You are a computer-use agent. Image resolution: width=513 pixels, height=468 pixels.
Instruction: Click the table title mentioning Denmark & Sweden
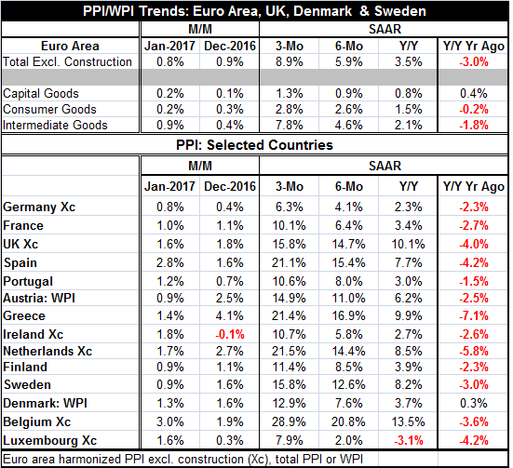click(x=254, y=11)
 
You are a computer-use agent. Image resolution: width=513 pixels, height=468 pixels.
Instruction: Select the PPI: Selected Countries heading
click(x=254, y=145)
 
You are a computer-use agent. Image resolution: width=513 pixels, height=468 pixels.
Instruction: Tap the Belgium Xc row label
click(x=36, y=421)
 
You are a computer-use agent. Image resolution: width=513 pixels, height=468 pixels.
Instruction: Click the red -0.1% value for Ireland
click(x=230, y=335)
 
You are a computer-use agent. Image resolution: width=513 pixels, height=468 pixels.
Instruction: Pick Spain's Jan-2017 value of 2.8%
click(x=170, y=263)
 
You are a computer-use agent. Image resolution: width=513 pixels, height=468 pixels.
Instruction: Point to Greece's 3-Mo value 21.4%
click(x=289, y=316)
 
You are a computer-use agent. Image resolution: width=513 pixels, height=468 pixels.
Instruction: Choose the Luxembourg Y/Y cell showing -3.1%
click(x=409, y=440)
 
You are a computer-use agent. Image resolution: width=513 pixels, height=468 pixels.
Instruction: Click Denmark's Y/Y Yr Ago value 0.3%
click(x=474, y=403)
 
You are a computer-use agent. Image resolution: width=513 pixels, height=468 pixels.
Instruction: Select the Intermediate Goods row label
click(x=55, y=126)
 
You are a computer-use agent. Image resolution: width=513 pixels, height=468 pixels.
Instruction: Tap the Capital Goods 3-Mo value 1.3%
click(x=290, y=94)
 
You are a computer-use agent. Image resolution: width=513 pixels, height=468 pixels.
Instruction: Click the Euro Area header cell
click(x=70, y=46)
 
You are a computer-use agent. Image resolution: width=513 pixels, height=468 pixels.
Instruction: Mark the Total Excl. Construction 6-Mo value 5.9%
click(x=349, y=61)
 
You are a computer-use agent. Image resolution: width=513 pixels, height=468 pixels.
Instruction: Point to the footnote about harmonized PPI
click(x=182, y=460)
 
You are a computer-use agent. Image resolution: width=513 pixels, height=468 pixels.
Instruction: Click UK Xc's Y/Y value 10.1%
click(x=409, y=245)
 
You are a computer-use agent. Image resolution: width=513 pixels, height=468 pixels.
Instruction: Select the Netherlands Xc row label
click(x=47, y=352)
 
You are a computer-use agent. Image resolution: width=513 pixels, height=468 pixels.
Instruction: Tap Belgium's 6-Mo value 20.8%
click(x=348, y=421)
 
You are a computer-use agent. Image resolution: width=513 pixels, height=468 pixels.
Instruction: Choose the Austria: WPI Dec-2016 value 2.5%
click(x=230, y=299)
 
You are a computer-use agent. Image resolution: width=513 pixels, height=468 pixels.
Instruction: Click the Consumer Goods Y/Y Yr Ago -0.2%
click(x=474, y=109)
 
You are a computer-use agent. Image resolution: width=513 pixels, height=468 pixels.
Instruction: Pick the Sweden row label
click(x=27, y=384)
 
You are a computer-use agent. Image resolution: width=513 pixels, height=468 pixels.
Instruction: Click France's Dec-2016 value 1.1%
click(x=230, y=226)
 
